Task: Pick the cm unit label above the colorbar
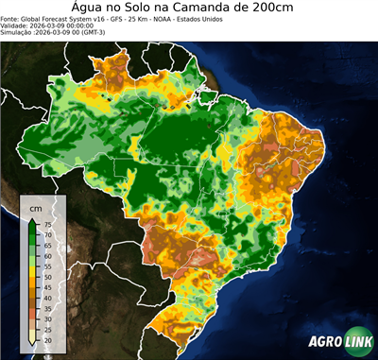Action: click(x=36, y=207)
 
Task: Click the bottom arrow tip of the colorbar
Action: click(x=33, y=346)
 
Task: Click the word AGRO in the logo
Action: click(x=324, y=342)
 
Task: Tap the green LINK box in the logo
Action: click(x=357, y=342)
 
